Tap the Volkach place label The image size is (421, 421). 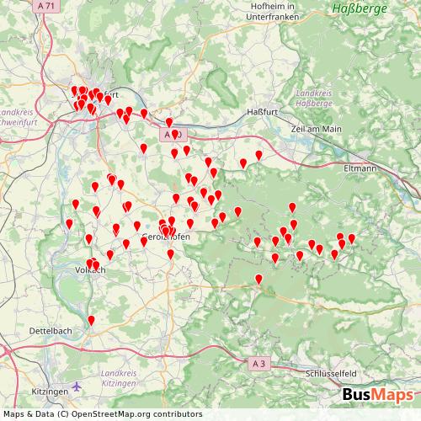click(90, 270)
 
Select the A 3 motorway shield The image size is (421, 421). click(259, 362)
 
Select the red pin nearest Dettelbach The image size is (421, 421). click(91, 319)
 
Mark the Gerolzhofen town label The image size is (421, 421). click(168, 237)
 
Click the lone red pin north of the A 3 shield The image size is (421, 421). click(258, 279)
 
